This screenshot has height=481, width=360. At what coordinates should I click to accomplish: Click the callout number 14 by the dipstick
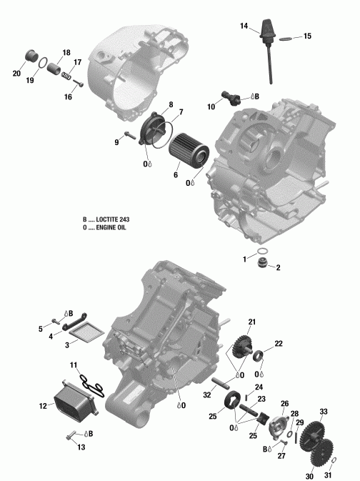244,26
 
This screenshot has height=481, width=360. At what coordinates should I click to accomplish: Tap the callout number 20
16,74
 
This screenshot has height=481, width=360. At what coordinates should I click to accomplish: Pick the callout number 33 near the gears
323,412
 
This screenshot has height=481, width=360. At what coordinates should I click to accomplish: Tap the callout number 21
252,322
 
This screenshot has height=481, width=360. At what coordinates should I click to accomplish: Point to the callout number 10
211,106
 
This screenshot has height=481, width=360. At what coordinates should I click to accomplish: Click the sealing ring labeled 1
263,252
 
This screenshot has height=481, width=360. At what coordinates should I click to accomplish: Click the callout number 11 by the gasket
74,365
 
